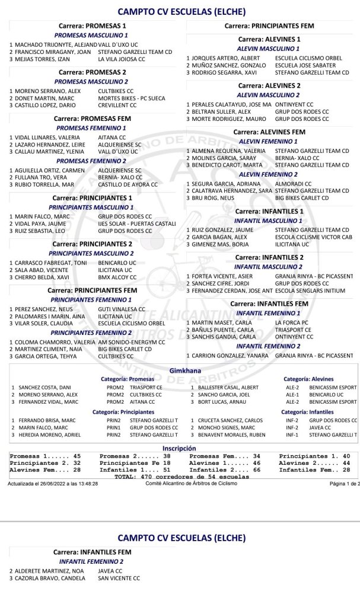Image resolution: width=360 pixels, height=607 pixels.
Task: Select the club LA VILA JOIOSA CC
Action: point(122,59)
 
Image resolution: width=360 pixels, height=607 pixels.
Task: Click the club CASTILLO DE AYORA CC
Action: point(128,184)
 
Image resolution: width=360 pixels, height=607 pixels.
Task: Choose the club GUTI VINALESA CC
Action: point(121,309)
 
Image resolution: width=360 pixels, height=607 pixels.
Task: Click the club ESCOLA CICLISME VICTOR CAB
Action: point(313,237)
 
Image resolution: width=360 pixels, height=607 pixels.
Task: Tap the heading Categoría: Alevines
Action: point(308,378)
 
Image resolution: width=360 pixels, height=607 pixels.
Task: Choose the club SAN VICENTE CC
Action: point(119,578)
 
